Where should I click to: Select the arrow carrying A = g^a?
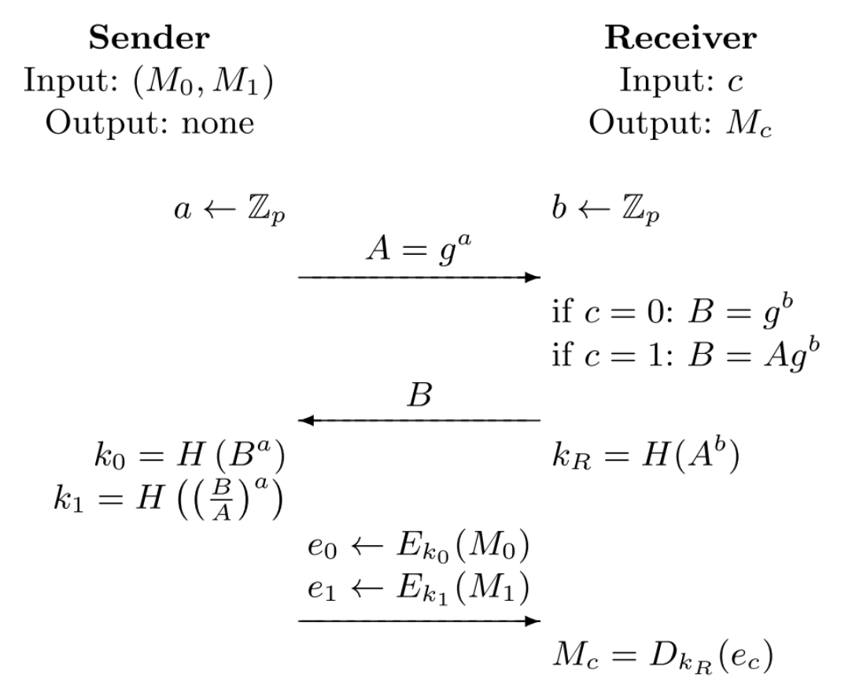point(419,277)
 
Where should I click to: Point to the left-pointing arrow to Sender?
point(419,421)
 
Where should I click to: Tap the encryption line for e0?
point(417,547)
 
